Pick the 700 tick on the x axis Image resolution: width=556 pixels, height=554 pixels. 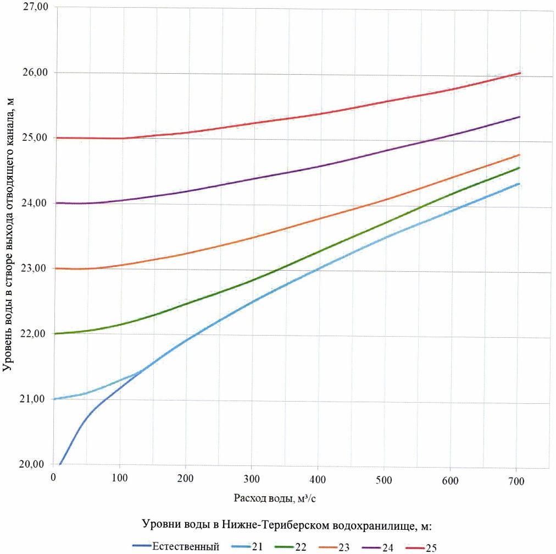516,481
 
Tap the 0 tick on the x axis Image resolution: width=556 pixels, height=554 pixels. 53,478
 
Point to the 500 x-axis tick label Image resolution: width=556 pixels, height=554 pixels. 384,480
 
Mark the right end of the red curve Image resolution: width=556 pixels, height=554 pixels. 519,73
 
